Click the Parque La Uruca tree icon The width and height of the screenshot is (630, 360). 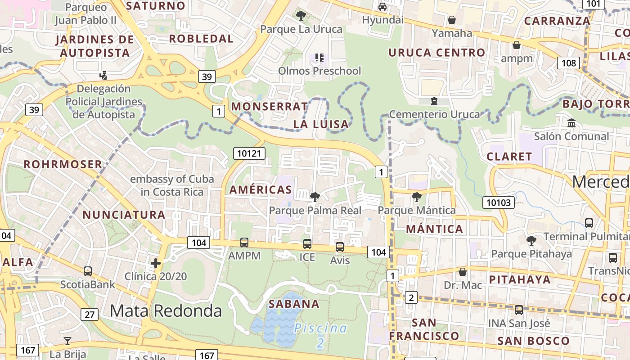point(301,16)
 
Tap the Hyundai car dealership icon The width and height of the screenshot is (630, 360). point(382,7)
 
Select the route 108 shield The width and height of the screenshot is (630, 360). point(568,63)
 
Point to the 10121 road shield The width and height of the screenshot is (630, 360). point(249,153)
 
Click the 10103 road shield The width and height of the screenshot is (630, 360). point(499,202)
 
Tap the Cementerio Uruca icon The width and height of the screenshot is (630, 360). point(434,101)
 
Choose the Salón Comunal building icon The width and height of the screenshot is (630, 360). point(571,123)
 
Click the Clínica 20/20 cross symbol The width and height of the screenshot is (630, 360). point(156,263)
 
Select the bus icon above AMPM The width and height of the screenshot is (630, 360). point(244,243)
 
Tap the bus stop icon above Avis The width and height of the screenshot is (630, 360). point(340,247)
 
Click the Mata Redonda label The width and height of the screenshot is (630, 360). point(166,310)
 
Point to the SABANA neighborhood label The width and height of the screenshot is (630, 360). point(294,304)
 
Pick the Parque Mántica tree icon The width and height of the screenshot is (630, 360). point(417,197)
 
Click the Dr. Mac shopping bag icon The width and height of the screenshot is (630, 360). point(462,272)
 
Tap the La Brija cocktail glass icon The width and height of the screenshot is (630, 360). point(67,341)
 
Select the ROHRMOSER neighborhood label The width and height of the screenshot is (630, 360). point(63,164)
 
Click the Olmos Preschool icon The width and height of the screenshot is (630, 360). point(319,58)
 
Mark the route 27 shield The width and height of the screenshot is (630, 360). point(90,314)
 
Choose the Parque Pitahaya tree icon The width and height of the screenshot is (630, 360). point(531,240)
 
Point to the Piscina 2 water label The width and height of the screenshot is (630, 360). point(320,335)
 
